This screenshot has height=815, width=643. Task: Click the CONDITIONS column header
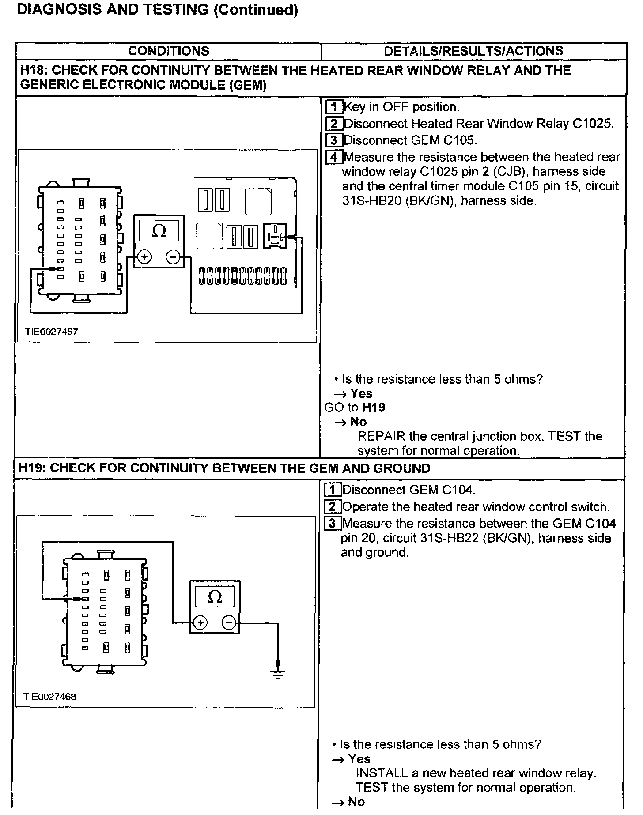tap(168, 51)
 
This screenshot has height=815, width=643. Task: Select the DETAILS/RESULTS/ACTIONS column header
tap(473, 51)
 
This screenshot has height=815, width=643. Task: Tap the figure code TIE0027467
tap(51, 332)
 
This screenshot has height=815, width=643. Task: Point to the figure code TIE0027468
tap(49, 697)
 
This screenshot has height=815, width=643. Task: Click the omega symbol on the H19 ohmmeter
tap(215, 596)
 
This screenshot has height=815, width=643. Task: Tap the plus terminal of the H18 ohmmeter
tap(144, 257)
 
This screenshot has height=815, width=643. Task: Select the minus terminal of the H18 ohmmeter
tap(173, 257)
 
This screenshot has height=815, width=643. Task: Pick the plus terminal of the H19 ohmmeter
tap(200, 623)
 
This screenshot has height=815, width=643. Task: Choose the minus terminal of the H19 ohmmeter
tap(229, 623)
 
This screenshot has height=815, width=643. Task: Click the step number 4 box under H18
tap(334, 157)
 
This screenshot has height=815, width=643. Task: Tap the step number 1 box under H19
tap(333, 490)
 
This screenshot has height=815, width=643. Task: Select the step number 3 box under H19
tap(333, 524)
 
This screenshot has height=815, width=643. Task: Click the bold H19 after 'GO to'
tap(374, 407)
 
